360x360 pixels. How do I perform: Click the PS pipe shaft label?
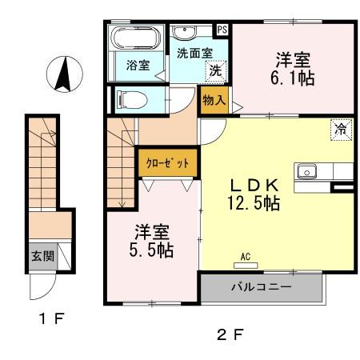pyautogui.click(x=222, y=30)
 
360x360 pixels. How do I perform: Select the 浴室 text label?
pyautogui.click(x=138, y=66)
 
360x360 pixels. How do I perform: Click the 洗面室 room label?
pyautogui.click(x=194, y=53)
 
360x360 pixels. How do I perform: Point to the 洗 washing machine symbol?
pyautogui.click(x=214, y=70)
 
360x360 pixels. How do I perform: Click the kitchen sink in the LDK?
pyautogui.click(x=306, y=171)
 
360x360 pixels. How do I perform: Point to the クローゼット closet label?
pyautogui.click(x=167, y=163)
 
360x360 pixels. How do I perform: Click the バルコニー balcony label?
pyautogui.click(x=262, y=286)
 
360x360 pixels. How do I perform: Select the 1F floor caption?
pyautogui.click(x=51, y=320)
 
